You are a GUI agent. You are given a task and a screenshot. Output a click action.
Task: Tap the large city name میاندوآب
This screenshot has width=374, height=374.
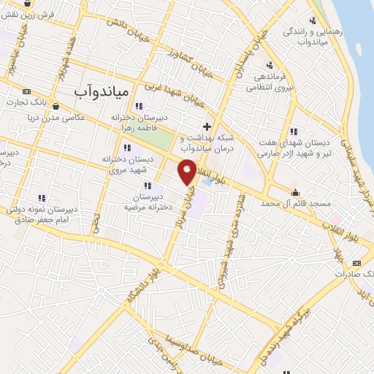[102, 91]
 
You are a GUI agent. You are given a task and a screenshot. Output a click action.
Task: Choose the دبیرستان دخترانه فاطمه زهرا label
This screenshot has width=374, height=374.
[140, 122]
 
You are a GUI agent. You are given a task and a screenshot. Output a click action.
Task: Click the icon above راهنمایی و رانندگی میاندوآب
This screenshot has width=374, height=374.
[312, 20]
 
